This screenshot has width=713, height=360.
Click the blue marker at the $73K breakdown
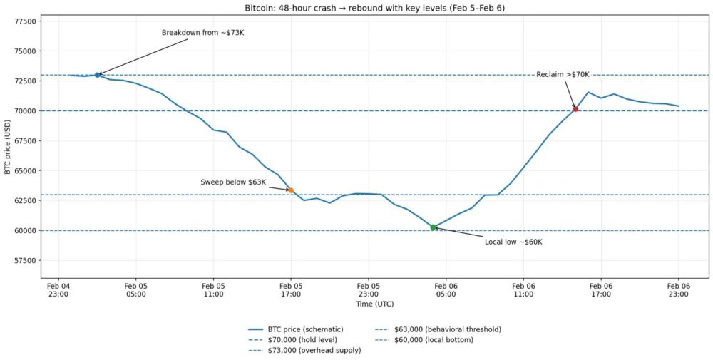pos(98,75)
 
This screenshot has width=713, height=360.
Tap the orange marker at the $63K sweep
pos(291,190)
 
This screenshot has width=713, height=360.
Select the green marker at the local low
pos(433,227)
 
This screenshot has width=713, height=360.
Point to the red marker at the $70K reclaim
pos(575,109)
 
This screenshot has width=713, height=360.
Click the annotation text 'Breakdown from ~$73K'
pos(198,33)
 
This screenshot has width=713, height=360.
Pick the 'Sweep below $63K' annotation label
pos(233,182)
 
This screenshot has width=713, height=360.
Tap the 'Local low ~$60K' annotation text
pos(513,242)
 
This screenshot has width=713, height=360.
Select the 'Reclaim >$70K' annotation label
pos(563,75)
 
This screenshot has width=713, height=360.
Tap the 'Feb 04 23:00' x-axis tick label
pos(58,289)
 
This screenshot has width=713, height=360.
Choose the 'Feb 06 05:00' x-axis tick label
pos(446,289)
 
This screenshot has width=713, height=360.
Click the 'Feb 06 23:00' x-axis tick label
pos(678,289)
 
